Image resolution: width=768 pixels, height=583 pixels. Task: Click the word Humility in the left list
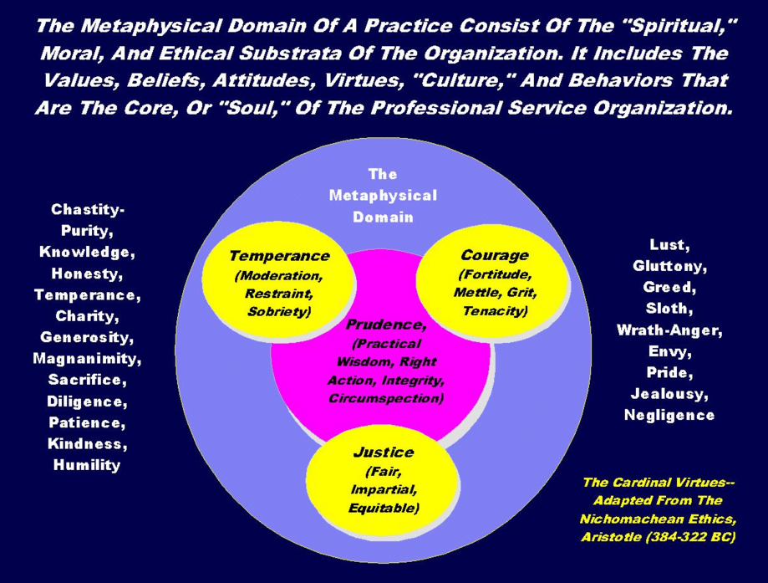[86, 465]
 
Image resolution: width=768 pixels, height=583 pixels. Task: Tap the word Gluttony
[669, 266]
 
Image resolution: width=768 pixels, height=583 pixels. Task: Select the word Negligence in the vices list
[669, 415]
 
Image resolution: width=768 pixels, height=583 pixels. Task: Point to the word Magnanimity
[87, 359]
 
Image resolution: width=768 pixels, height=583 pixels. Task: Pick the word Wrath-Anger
[669, 330]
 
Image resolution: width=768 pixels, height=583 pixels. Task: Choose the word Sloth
[669, 309]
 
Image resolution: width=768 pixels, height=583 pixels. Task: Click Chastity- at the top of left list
[87, 209]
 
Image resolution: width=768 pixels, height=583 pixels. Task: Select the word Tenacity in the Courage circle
[495, 311]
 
